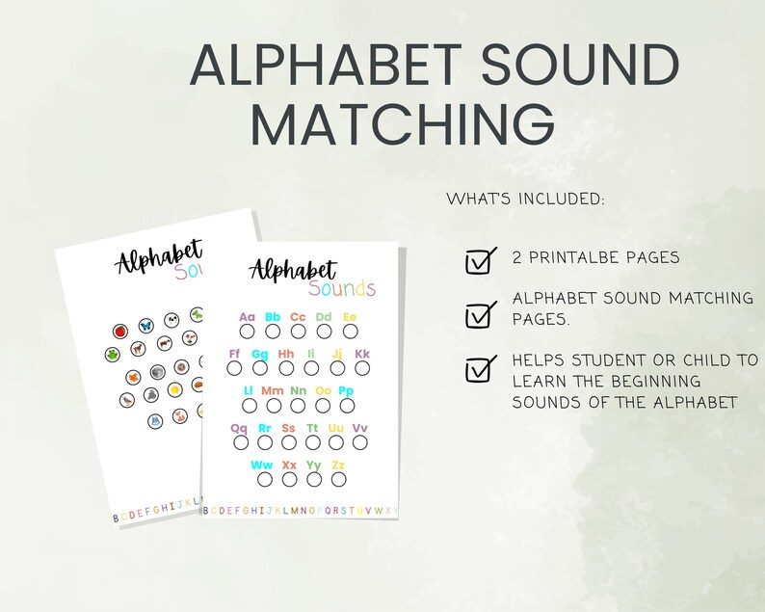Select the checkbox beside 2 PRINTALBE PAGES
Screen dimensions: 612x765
pyautogui.click(x=478, y=261)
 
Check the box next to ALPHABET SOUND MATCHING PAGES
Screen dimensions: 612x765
pyautogui.click(x=478, y=315)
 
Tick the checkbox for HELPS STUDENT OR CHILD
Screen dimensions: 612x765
pyautogui.click(x=478, y=370)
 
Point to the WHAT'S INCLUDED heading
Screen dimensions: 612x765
pyautogui.click(x=526, y=200)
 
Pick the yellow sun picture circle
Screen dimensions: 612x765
pyautogui.click(x=175, y=390)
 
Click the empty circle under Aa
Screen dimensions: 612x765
pyautogui.click(x=248, y=331)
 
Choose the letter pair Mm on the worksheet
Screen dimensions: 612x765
pyautogui.click(x=273, y=390)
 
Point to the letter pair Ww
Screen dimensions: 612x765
pyautogui.click(x=262, y=466)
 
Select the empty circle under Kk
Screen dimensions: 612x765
pyautogui.click(x=363, y=368)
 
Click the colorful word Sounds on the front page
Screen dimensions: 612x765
pyautogui.click(x=342, y=288)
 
